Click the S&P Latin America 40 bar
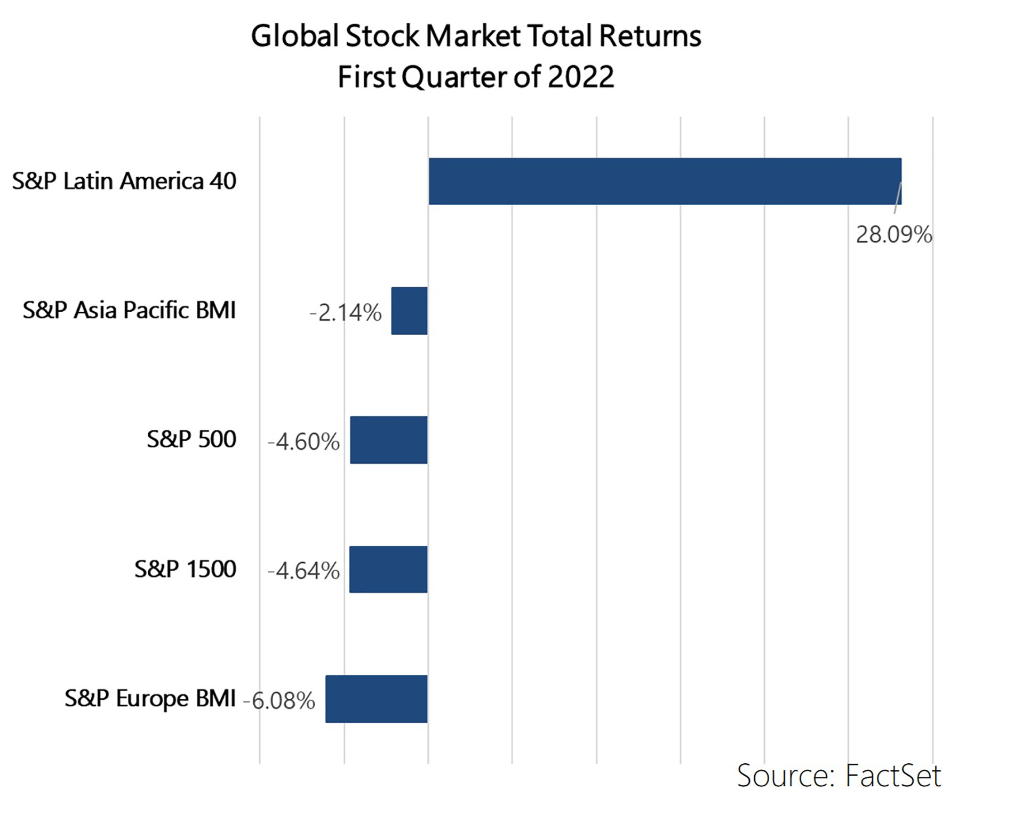[x=665, y=181]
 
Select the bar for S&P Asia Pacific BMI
[x=409, y=311]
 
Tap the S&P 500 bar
[x=388, y=440]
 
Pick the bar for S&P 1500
[x=388, y=569]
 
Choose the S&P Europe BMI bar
[x=376, y=699]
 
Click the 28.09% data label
[x=893, y=235]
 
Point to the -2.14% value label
[x=346, y=312]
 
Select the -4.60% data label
[x=304, y=442]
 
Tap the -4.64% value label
[x=304, y=571]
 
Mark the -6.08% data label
[x=279, y=701]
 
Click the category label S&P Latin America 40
[x=124, y=181]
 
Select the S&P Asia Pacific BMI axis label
[x=129, y=310]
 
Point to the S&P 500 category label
[x=191, y=439]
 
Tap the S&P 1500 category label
[x=185, y=569]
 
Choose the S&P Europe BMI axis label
[x=150, y=698]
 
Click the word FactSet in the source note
[x=893, y=776]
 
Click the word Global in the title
[x=295, y=36]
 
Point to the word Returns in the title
[x=650, y=36]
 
